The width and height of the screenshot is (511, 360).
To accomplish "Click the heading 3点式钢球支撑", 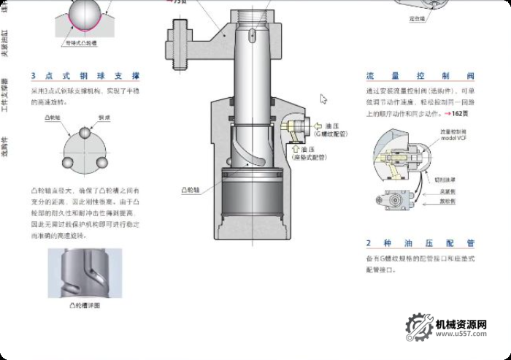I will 85,76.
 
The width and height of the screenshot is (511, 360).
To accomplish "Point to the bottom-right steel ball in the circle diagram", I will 101,162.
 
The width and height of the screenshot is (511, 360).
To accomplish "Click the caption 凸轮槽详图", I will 84,305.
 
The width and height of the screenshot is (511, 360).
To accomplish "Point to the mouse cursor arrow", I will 323,99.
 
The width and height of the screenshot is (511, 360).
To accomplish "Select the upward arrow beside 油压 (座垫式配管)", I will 296,149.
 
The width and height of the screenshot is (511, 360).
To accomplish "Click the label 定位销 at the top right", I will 416,17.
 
